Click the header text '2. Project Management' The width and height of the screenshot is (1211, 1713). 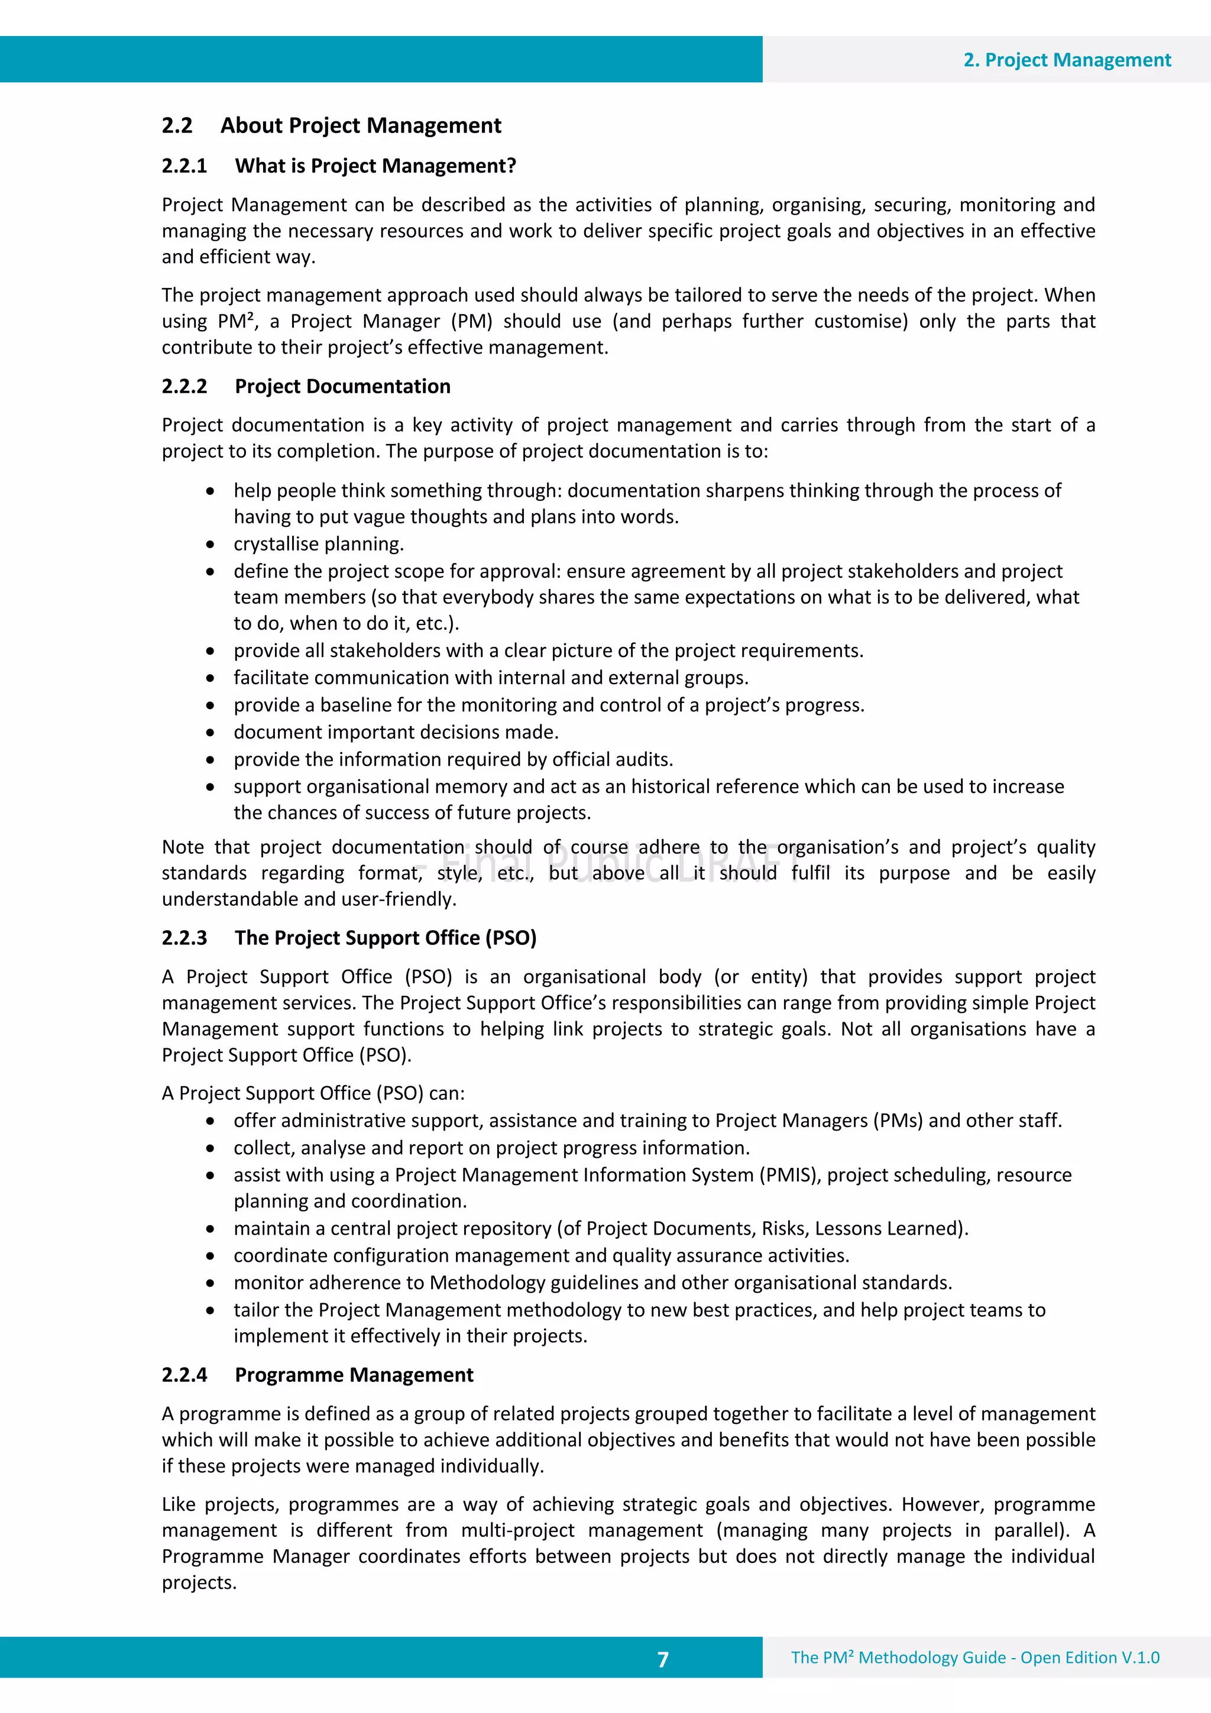point(1066,60)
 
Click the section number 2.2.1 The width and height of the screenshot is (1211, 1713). point(184,166)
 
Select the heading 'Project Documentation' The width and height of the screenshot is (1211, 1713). point(342,387)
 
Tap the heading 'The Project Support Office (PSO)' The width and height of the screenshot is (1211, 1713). point(385,938)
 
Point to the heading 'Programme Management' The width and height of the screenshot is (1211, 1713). point(354,1375)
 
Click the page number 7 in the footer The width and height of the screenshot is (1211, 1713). point(663,1659)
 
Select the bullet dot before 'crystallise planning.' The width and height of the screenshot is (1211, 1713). point(211,545)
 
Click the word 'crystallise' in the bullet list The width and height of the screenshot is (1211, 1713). point(270,544)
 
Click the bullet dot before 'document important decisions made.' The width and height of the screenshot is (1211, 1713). point(211,733)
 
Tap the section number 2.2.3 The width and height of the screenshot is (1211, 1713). point(184,938)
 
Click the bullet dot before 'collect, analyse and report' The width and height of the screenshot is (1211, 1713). point(211,1149)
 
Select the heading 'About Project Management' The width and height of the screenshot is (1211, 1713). point(360,125)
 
